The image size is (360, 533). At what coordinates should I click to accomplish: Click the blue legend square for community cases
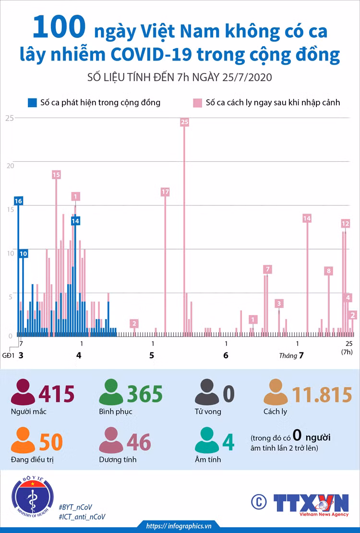[32, 103]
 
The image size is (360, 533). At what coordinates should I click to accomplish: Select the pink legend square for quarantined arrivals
[197, 103]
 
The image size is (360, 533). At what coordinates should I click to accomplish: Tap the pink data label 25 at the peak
[185, 122]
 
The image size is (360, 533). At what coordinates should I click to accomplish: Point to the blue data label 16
[18, 201]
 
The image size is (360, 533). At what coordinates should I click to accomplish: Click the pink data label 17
[165, 192]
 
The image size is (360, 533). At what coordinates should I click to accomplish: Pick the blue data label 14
[75, 221]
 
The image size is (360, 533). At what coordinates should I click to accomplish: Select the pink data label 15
[57, 175]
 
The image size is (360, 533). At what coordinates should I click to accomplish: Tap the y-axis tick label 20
[10, 166]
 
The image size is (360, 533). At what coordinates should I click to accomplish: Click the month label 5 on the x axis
[152, 355]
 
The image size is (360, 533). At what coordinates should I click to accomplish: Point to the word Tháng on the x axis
[288, 356]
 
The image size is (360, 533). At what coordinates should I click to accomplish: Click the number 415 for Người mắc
[57, 394]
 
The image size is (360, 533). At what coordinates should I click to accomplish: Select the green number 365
[145, 394]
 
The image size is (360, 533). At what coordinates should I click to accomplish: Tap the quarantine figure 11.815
[322, 394]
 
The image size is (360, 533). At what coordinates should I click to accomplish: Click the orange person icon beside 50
[23, 440]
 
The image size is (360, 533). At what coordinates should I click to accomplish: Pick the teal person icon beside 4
[207, 440]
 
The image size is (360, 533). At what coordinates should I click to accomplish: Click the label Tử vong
[208, 412]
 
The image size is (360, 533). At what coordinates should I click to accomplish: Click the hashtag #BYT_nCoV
[75, 507]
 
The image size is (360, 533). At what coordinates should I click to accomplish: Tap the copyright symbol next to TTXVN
[259, 501]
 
